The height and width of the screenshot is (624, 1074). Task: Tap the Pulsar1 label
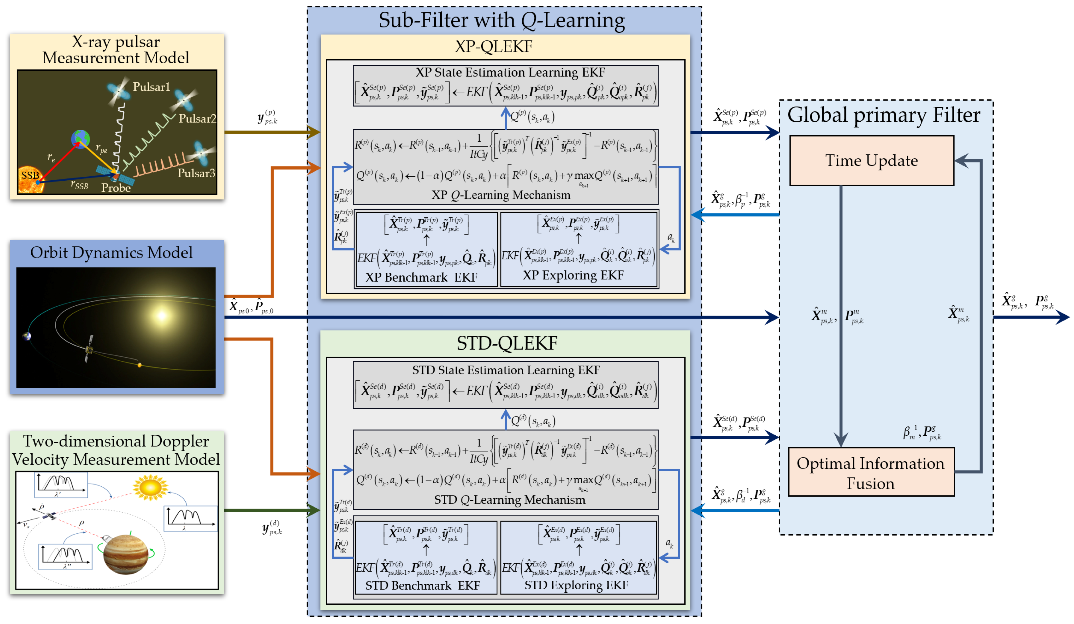151,87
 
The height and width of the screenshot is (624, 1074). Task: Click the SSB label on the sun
30,175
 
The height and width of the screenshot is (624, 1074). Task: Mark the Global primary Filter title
884,115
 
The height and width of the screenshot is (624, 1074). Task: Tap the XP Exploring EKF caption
573,275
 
